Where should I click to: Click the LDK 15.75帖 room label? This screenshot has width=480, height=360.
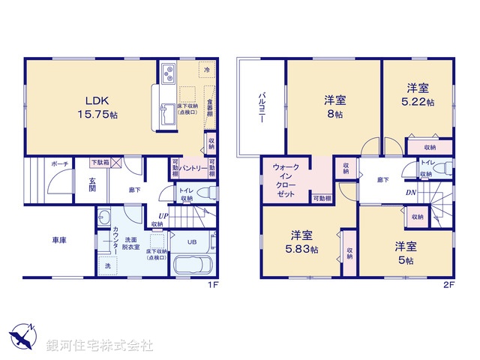[97, 108]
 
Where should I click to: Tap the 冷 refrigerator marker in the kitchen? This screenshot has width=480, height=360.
[206, 70]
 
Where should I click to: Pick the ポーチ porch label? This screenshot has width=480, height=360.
[60, 164]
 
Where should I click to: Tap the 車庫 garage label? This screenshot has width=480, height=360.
[59, 240]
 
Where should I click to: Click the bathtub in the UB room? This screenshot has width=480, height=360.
[194, 266]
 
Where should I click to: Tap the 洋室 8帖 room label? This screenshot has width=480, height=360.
[334, 106]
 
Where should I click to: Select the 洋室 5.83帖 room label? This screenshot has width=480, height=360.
[304, 241]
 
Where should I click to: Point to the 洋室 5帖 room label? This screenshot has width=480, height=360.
[405, 252]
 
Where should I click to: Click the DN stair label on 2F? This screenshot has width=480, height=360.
[412, 193]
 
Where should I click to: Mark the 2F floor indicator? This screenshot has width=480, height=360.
[449, 285]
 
